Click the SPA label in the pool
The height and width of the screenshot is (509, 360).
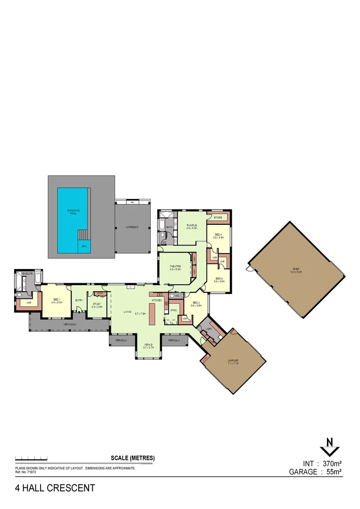click(84, 246)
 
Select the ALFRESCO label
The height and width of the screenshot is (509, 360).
click(132, 227)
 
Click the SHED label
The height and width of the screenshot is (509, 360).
click(296, 271)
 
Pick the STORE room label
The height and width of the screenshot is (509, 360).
click(218, 218)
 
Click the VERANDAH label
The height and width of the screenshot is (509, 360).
click(69, 324)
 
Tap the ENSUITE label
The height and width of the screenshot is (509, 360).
click(27, 274)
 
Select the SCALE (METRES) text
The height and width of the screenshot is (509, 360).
click(132, 458)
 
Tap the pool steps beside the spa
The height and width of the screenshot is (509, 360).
click(83, 234)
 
